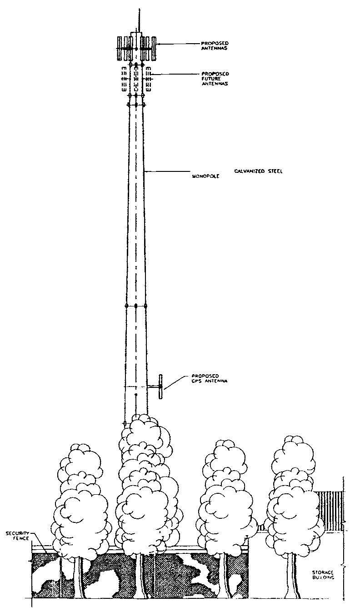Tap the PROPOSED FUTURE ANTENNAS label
click(215, 79)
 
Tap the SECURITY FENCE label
click(17, 536)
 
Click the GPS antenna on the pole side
click(160, 387)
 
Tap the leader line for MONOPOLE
click(168, 172)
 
